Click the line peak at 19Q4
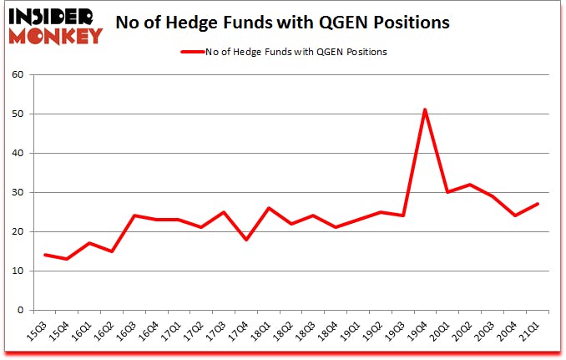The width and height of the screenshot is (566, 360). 425,109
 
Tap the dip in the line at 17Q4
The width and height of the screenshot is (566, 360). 246,239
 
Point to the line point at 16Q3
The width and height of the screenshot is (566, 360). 134,215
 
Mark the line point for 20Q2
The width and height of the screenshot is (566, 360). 471,185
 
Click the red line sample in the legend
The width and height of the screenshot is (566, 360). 191,52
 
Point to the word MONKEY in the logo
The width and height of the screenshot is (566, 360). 56,36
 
